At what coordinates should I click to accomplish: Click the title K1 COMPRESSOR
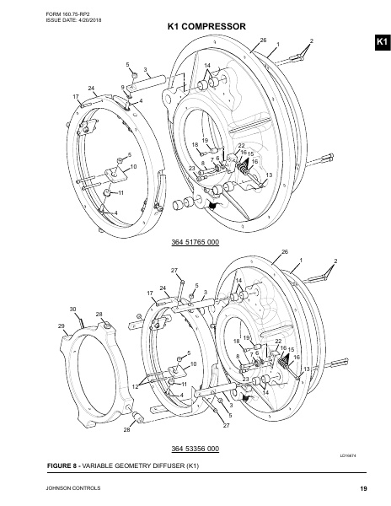click(206, 27)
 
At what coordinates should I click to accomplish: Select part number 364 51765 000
click(195, 243)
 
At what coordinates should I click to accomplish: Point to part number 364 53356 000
click(195, 448)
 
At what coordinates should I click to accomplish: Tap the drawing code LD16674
click(350, 455)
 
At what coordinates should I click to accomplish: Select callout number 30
click(73, 310)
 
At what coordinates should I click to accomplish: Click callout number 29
click(61, 326)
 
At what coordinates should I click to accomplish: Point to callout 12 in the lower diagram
click(134, 385)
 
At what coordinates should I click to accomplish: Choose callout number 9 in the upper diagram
click(123, 87)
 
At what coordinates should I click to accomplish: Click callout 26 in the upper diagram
click(262, 40)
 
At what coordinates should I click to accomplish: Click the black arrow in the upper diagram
click(212, 203)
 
